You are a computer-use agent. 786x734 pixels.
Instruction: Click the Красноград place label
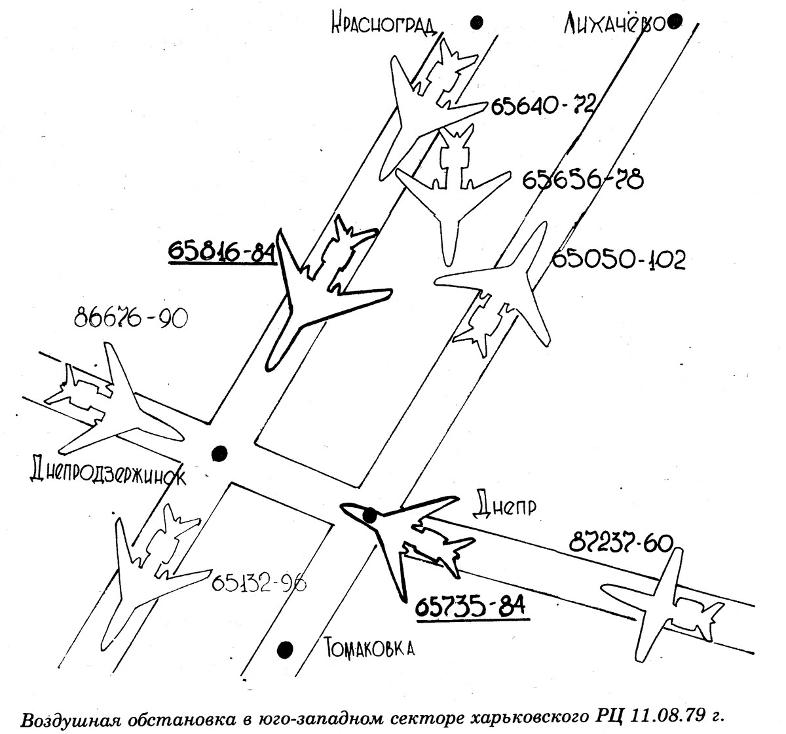(383, 24)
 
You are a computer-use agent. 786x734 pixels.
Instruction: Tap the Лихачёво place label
(614, 24)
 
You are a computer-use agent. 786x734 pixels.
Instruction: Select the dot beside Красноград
(477, 22)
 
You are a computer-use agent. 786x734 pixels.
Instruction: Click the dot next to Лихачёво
(674, 22)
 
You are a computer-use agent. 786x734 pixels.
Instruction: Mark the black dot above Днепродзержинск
(219, 453)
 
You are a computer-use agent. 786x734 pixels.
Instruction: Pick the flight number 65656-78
(583, 180)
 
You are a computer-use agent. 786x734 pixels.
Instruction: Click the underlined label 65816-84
(222, 251)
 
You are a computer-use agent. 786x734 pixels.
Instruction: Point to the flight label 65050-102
(619, 260)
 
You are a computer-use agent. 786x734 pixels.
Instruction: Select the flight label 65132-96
(259, 583)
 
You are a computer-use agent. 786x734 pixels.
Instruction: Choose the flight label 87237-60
(621, 544)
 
